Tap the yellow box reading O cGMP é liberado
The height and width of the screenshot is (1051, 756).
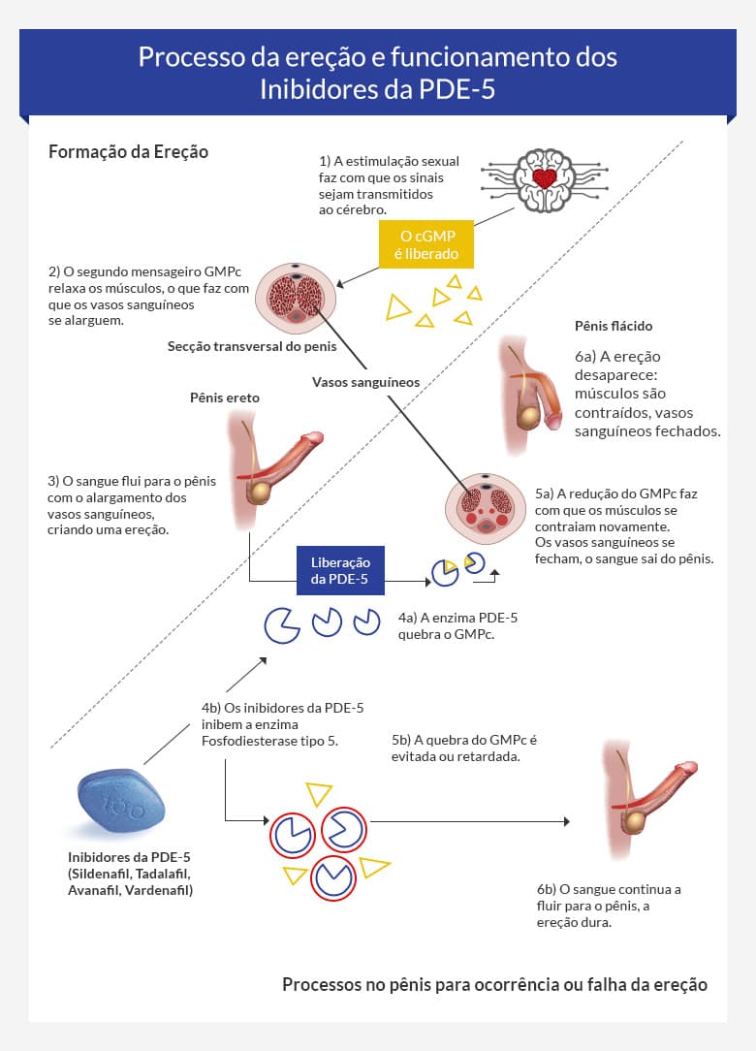[425, 244]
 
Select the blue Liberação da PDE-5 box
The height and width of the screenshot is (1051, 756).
[340, 570]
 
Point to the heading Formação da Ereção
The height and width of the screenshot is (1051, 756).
[128, 152]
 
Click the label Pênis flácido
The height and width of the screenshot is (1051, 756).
[613, 326]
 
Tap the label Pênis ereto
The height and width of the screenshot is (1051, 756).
[226, 398]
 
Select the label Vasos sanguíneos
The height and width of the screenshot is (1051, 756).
[365, 382]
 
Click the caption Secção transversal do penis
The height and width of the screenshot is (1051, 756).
[252, 346]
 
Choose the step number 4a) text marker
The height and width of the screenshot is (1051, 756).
[410, 618]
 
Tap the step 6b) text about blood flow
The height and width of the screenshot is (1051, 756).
[609, 906]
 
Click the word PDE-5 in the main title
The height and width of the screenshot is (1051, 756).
[462, 90]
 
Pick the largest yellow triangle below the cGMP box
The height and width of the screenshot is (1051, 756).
[397, 308]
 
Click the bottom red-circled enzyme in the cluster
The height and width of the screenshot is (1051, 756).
[335, 878]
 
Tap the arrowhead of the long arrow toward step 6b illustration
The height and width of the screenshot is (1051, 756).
[566, 822]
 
